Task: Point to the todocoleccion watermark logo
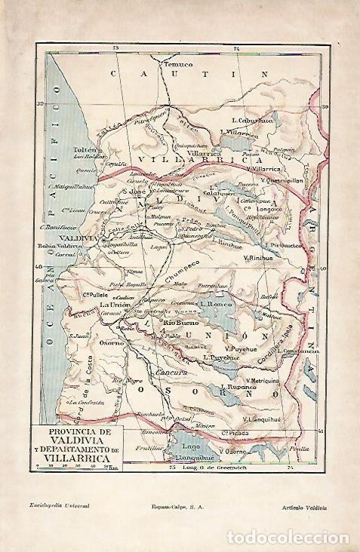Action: (306, 535)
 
